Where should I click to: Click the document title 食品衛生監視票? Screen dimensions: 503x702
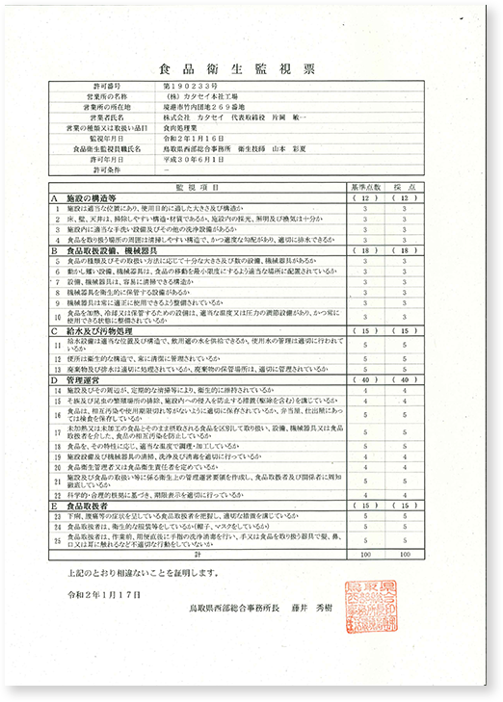click(x=250, y=70)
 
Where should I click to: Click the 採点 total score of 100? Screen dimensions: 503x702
click(x=406, y=554)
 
